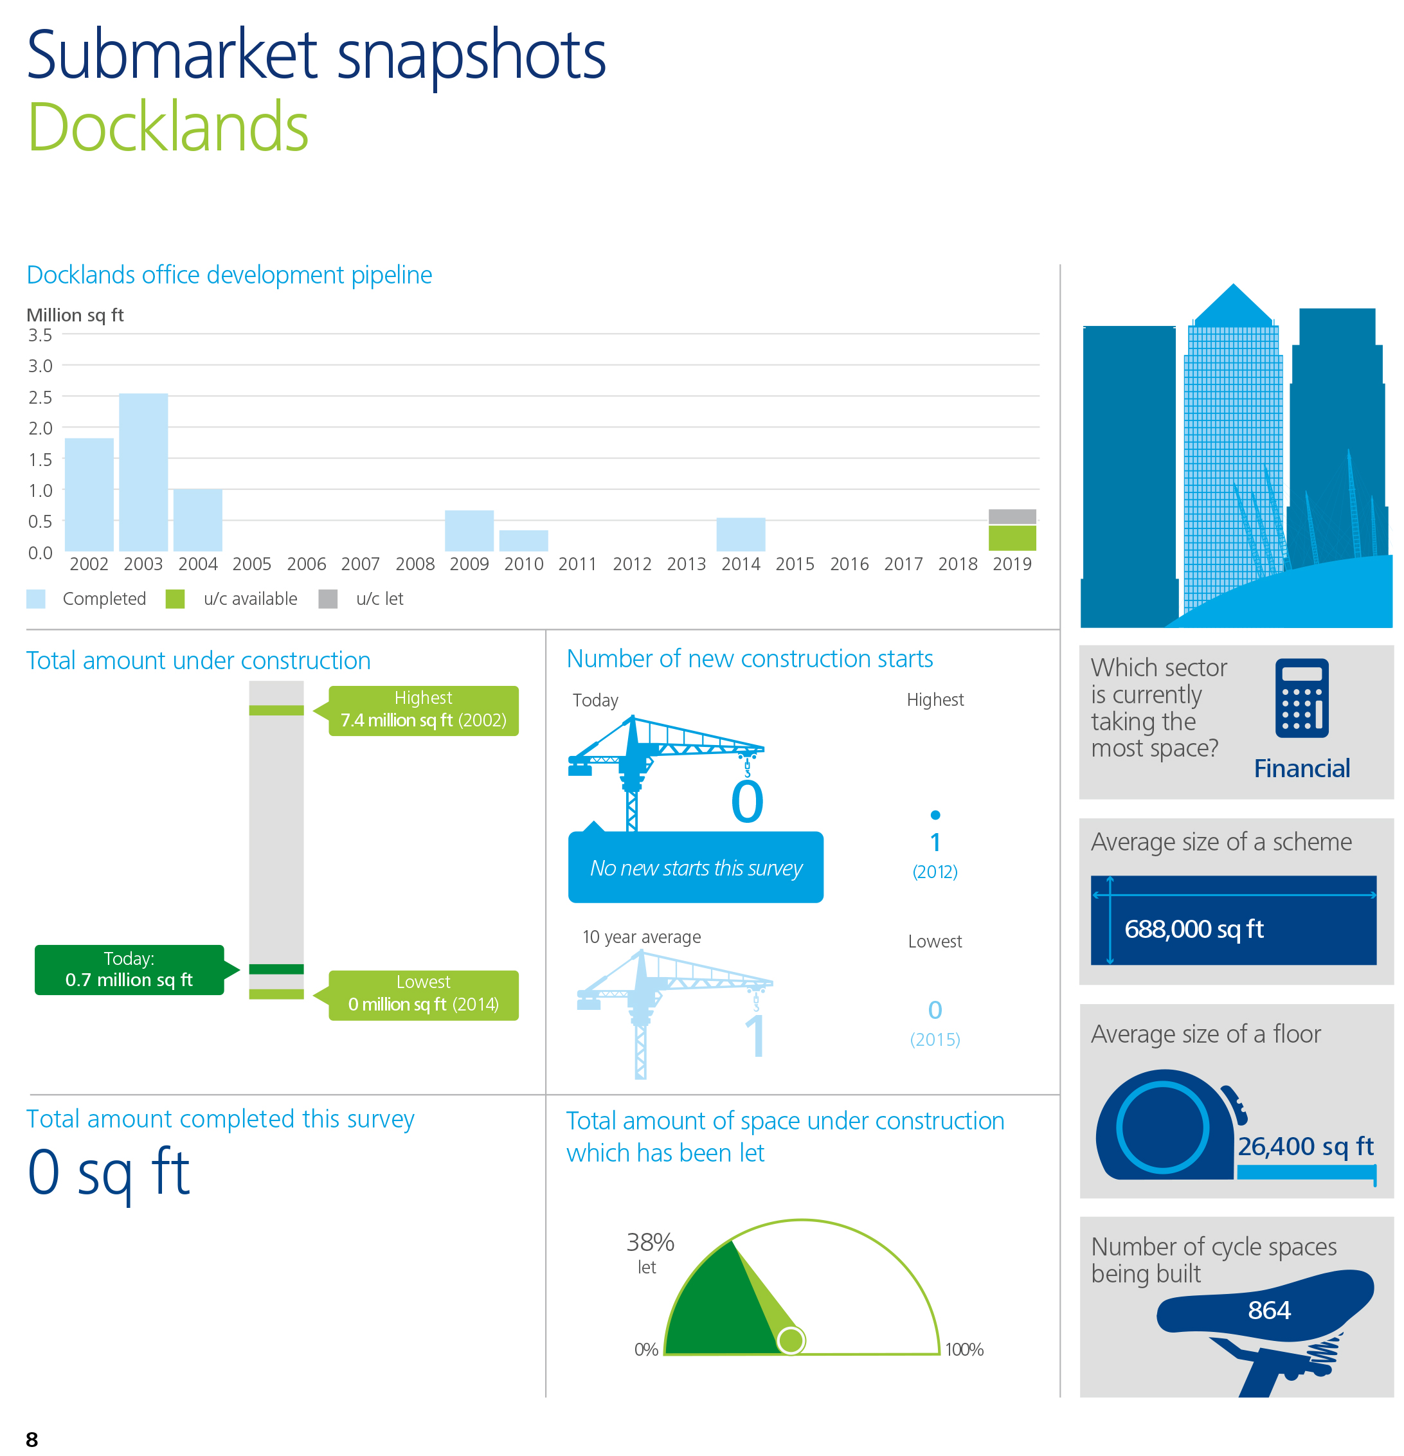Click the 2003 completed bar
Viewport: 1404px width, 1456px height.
(143, 472)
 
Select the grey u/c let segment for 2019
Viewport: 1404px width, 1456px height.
(1012, 516)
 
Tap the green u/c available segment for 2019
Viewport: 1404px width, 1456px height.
(1012, 538)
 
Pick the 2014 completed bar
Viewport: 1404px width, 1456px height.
(741, 534)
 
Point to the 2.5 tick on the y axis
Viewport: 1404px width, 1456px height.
(40, 397)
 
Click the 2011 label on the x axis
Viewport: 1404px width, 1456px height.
(577, 564)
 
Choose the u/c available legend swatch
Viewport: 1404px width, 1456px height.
(175, 598)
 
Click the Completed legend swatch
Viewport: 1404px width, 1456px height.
(35, 598)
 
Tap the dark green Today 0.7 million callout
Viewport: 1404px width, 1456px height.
(129, 969)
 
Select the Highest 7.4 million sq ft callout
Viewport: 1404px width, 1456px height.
(424, 710)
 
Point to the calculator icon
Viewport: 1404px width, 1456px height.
(1302, 697)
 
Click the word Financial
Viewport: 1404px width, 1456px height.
(1302, 768)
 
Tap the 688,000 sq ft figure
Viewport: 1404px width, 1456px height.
(1194, 929)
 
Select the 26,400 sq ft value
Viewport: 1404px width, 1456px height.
(1305, 1146)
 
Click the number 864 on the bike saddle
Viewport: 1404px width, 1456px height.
(1269, 1309)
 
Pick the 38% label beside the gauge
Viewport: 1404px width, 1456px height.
(650, 1242)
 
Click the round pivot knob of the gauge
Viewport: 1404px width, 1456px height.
(791, 1341)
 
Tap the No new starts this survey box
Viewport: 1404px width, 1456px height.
(696, 867)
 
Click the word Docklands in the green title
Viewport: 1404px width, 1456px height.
(168, 127)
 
